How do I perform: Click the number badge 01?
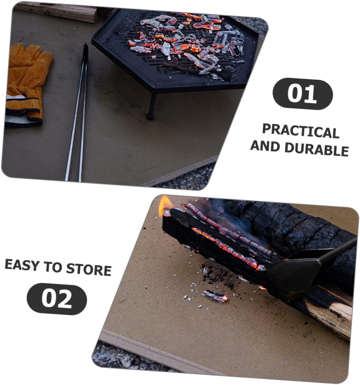(302, 94)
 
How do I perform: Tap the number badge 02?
(57, 299)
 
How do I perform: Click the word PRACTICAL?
(301, 131)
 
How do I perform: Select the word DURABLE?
(316, 149)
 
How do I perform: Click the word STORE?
(89, 269)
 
